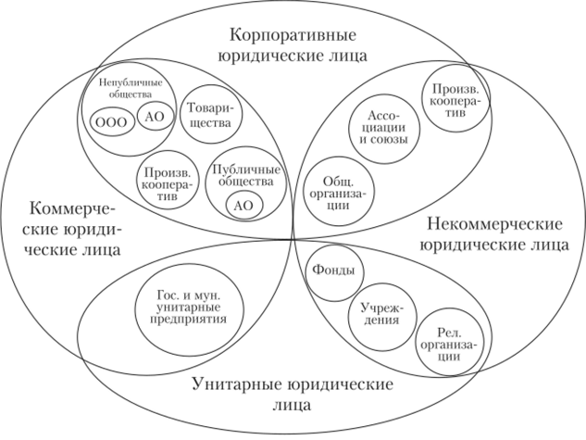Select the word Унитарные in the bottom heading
[x=237, y=384]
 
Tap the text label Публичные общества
[x=246, y=176]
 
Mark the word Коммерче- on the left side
[x=73, y=208]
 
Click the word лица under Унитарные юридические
[x=292, y=405]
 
